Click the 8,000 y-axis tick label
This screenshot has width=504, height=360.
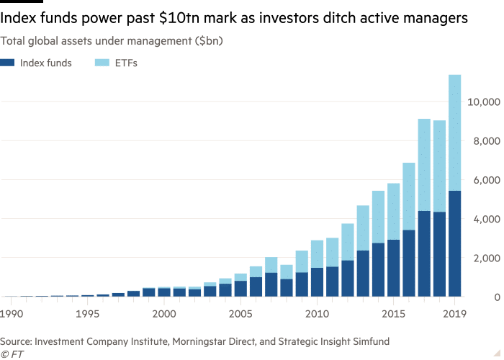pos(485,142)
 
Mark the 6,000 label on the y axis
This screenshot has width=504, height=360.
pos(485,181)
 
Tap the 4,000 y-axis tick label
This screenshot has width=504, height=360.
pos(485,220)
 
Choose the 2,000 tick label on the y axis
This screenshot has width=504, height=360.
pos(485,258)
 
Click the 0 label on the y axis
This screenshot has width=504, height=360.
pos(493,297)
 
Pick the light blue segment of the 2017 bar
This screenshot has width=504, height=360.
pos(424,165)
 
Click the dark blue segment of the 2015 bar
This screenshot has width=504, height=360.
pos(393,267)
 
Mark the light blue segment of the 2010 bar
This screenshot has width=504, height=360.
pos(316,253)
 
